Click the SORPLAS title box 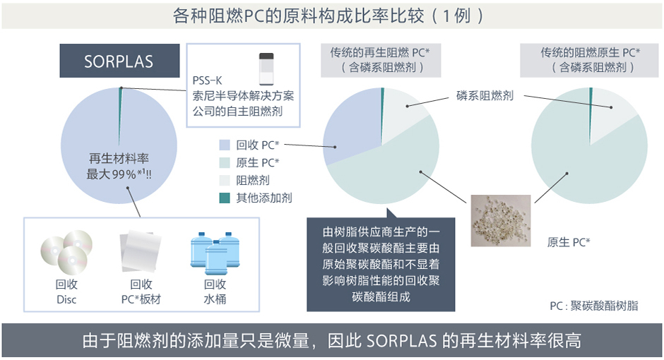[119, 61]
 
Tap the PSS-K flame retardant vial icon [266, 69]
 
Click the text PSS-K [207, 80]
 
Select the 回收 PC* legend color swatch [225, 145]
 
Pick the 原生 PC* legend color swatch [225, 163]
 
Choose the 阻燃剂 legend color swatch [225, 180]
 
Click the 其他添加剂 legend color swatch [225, 198]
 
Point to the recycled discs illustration [66, 252]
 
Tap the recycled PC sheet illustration [141, 251]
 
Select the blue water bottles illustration [215, 253]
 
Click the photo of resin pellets [501, 220]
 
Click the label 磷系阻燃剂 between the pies [485, 95]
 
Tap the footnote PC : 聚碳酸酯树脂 [593, 306]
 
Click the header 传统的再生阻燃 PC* [380, 52]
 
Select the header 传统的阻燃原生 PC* [591, 52]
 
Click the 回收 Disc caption [66, 292]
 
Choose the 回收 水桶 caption [215, 292]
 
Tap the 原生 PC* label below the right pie [569, 242]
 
